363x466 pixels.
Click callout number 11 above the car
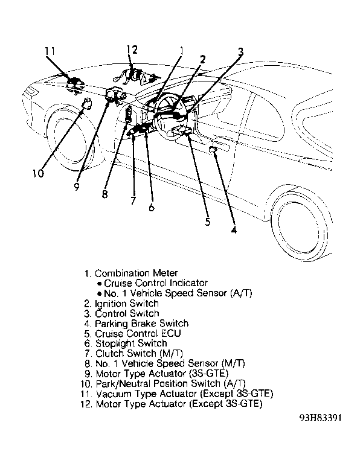click(x=50, y=51)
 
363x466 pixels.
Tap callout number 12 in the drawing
click(x=132, y=49)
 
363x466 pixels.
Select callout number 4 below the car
click(x=234, y=229)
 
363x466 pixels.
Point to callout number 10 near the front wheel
click(x=38, y=173)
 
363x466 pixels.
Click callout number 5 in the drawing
click(x=208, y=222)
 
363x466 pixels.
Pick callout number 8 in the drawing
click(x=104, y=194)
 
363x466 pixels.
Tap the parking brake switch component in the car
click(x=213, y=149)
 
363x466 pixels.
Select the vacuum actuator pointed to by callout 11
click(x=75, y=85)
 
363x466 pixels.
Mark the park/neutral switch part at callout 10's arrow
click(x=88, y=103)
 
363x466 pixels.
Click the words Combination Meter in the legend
click(x=137, y=273)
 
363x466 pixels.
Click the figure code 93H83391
click(x=321, y=418)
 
